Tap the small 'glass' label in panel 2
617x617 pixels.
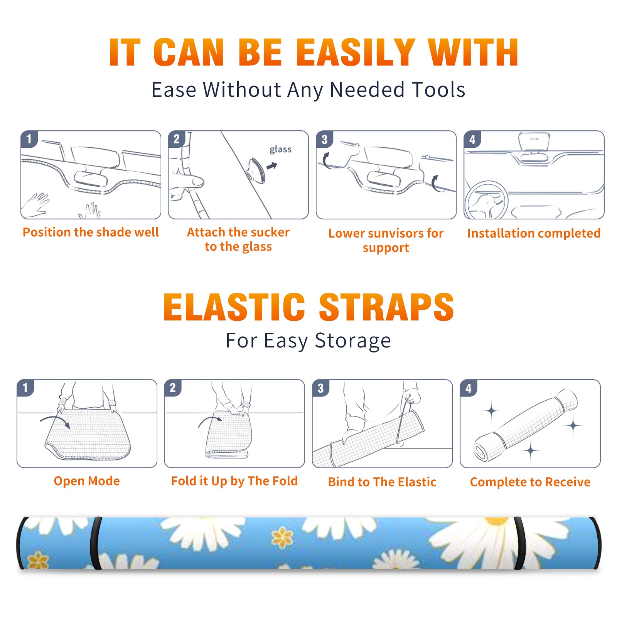(280, 150)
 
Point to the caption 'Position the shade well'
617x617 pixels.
(91, 232)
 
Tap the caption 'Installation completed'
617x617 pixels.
(534, 233)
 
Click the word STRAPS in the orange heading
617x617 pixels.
(386, 307)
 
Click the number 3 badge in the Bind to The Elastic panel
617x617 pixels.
(321, 388)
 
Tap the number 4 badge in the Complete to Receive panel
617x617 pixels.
(469, 388)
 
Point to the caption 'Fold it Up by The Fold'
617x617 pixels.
(234, 481)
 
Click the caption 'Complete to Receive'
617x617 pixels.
(530, 482)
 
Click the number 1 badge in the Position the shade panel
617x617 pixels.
(29, 139)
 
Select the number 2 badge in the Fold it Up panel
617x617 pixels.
(173, 388)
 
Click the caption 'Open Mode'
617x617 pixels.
(87, 481)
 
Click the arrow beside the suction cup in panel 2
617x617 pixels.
(272, 166)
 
